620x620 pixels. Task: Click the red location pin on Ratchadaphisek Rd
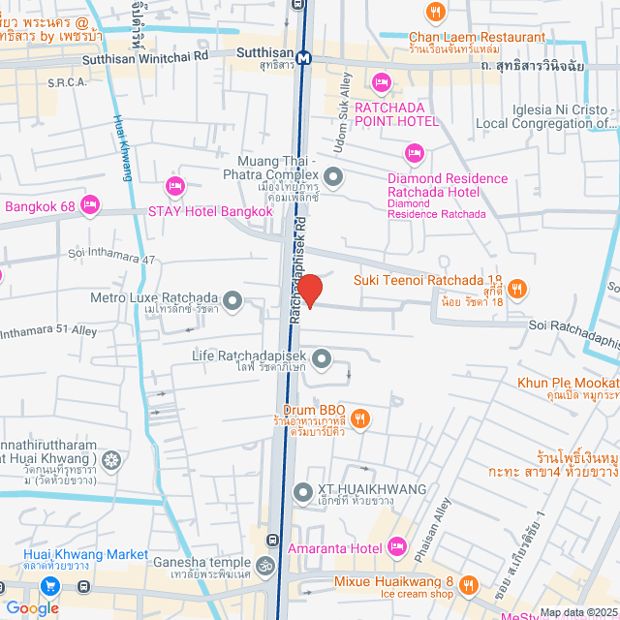pos(309,290)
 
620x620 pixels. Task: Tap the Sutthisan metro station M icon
pos(305,56)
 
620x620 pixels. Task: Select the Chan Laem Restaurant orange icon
pos(436,13)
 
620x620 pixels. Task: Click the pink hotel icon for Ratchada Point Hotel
pos(381,81)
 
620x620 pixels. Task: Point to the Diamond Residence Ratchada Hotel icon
pos(415,152)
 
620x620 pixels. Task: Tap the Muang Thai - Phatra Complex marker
pos(334,176)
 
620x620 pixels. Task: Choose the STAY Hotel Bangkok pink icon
pos(175,185)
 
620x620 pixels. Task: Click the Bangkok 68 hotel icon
pos(90,203)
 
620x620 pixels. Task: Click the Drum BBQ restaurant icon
pos(359,418)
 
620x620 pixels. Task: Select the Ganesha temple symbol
pos(265,564)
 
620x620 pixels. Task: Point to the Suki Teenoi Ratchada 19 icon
pos(518,288)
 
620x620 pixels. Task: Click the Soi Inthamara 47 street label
pos(111,260)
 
